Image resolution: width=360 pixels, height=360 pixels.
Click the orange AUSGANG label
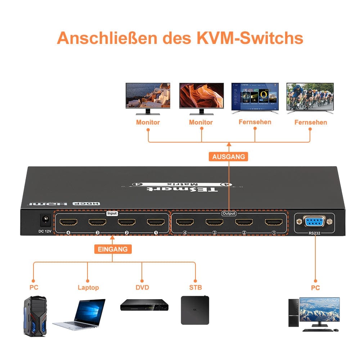pyautogui.click(x=229, y=157)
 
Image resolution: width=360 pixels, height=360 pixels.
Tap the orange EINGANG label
pyautogui.click(x=113, y=249)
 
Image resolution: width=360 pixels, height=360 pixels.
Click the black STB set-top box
pyautogui.click(x=195, y=310)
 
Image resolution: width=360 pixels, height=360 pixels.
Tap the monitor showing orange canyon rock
pyautogui.click(x=201, y=96)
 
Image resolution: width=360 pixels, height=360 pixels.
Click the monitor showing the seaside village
pyautogui.click(x=148, y=96)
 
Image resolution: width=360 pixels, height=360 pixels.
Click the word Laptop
pyautogui.click(x=88, y=288)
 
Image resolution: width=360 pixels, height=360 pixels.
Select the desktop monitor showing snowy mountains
pyautogui.click(x=319, y=310)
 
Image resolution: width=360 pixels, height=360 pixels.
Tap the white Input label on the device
pyautogui.click(x=112, y=213)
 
